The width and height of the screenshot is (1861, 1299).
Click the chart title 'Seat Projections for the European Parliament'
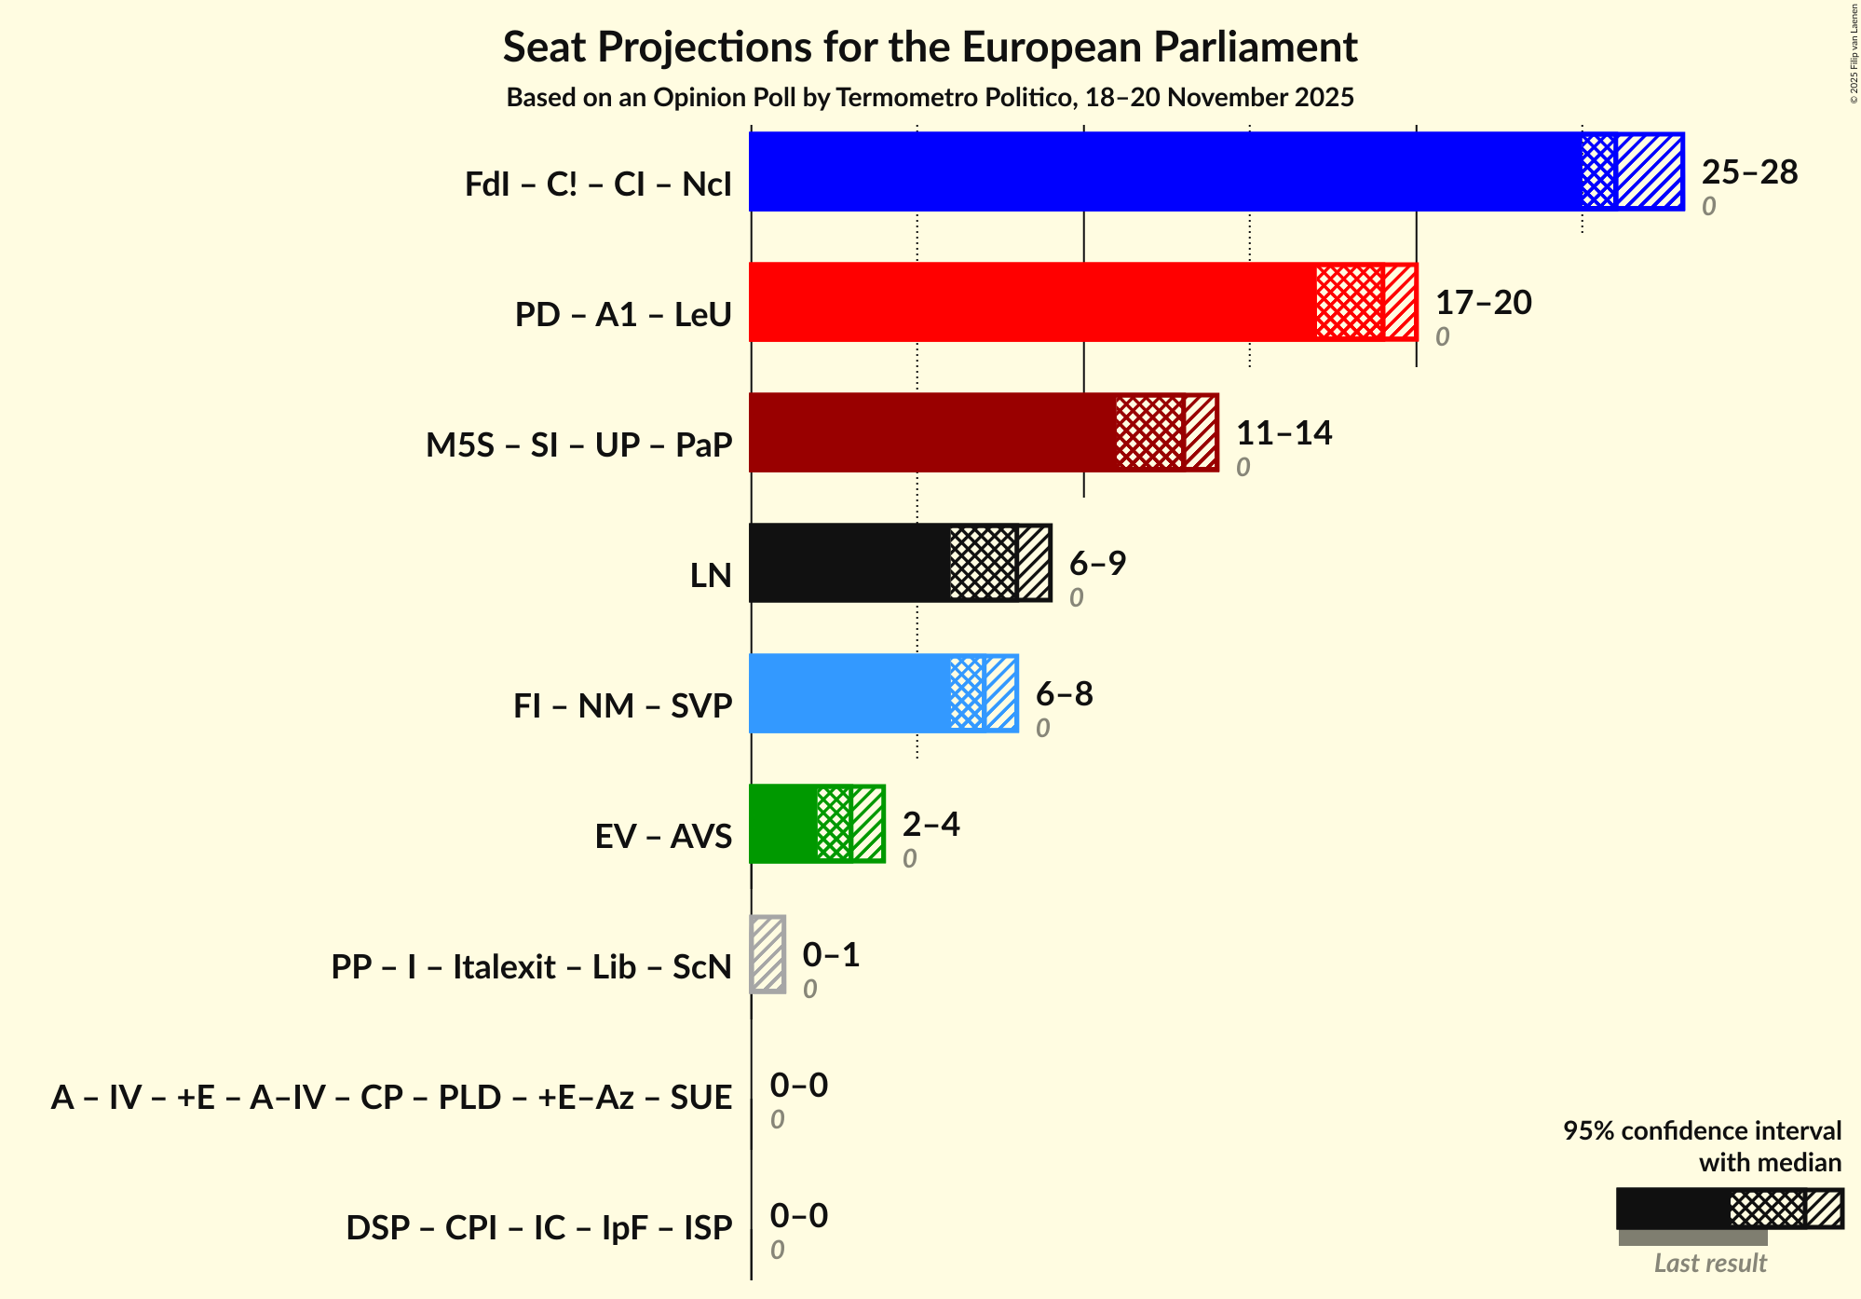[x=930, y=47]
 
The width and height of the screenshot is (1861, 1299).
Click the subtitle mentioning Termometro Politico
[x=930, y=98]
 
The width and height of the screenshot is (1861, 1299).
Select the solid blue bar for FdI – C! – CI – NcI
[x=1164, y=171]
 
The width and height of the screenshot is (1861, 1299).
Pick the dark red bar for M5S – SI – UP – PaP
[x=931, y=432]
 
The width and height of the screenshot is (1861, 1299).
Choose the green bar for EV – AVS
[x=782, y=824]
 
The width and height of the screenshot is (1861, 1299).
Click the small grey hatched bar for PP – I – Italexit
[x=768, y=954]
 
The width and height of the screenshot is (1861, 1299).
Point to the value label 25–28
[x=1749, y=172]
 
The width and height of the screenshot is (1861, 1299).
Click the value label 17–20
[x=1483, y=303]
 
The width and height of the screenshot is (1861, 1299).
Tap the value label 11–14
[x=1284, y=433]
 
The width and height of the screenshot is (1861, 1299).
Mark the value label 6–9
[x=1097, y=564]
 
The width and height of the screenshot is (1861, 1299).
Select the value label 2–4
[x=930, y=825]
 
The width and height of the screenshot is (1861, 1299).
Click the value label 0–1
[x=831, y=955]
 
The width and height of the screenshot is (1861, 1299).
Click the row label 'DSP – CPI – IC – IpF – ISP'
[x=538, y=1227]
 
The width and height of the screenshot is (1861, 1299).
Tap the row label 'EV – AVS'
[x=663, y=836]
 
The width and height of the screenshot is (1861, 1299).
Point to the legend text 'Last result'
[x=1710, y=1264]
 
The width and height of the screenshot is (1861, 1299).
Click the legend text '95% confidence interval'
[x=1702, y=1130]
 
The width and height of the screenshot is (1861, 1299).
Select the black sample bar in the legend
[x=1672, y=1209]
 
